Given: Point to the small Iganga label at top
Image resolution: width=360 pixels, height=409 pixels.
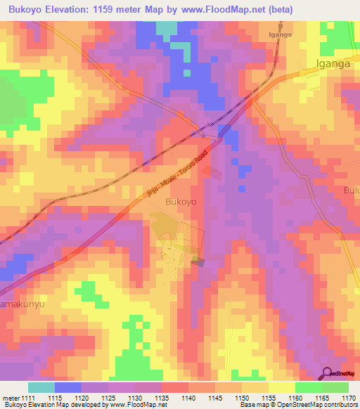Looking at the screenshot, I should tap(281, 34).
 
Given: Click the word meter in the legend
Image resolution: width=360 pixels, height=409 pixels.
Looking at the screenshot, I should tap(11, 398).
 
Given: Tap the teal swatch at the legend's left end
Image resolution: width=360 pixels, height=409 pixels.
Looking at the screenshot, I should tap(41, 387).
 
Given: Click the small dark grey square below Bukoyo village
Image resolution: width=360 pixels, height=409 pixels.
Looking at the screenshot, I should tap(199, 263).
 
